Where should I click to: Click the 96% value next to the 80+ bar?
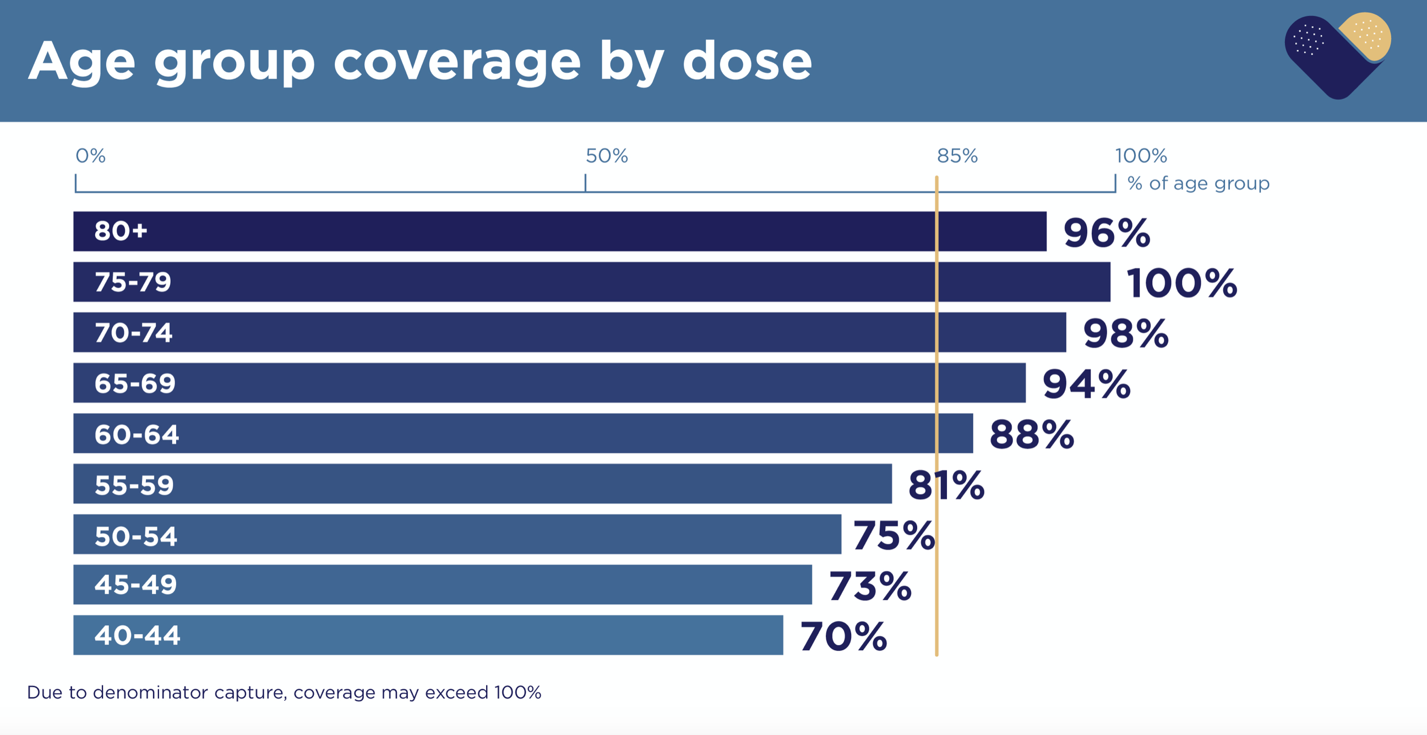click(1106, 233)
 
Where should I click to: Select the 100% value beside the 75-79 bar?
click(1181, 283)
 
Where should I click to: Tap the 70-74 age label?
click(133, 333)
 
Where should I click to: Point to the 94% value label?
click(1086, 384)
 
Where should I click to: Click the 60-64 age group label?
click(137, 434)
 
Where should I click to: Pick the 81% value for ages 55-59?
click(946, 485)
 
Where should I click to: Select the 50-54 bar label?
click(136, 536)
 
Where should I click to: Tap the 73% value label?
click(870, 586)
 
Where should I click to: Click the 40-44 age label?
click(137, 635)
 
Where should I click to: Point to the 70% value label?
click(843, 636)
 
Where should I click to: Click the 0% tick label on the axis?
click(90, 156)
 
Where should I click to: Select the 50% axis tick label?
click(607, 156)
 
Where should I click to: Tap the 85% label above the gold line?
click(957, 156)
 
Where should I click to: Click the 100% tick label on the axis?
click(1141, 156)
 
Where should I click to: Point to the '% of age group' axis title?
click(1198, 183)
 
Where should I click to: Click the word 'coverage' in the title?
click(457, 62)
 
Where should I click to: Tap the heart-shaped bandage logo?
click(1337, 56)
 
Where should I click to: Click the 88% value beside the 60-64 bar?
click(1032, 435)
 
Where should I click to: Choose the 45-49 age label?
click(135, 585)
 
